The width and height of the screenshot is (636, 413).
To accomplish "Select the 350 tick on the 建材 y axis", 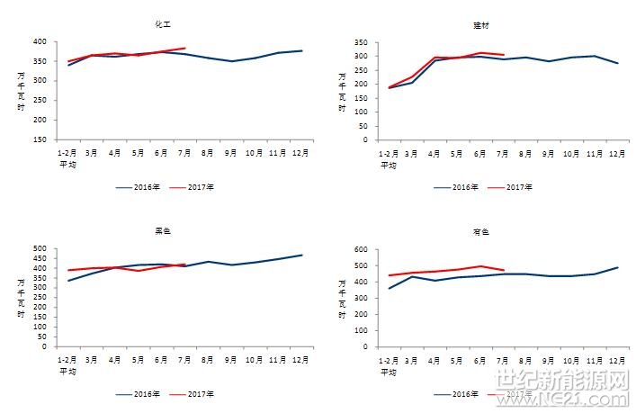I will coord(361,42).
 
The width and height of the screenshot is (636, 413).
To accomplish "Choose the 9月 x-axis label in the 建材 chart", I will coord(549,153).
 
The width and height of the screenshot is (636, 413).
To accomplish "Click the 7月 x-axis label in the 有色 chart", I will coord(503,360).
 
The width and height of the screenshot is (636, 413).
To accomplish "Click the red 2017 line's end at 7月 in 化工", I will coord(184,48).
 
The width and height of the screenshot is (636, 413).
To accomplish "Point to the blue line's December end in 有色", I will coord(618,267).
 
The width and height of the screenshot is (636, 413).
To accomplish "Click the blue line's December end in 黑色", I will coord(301,255).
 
